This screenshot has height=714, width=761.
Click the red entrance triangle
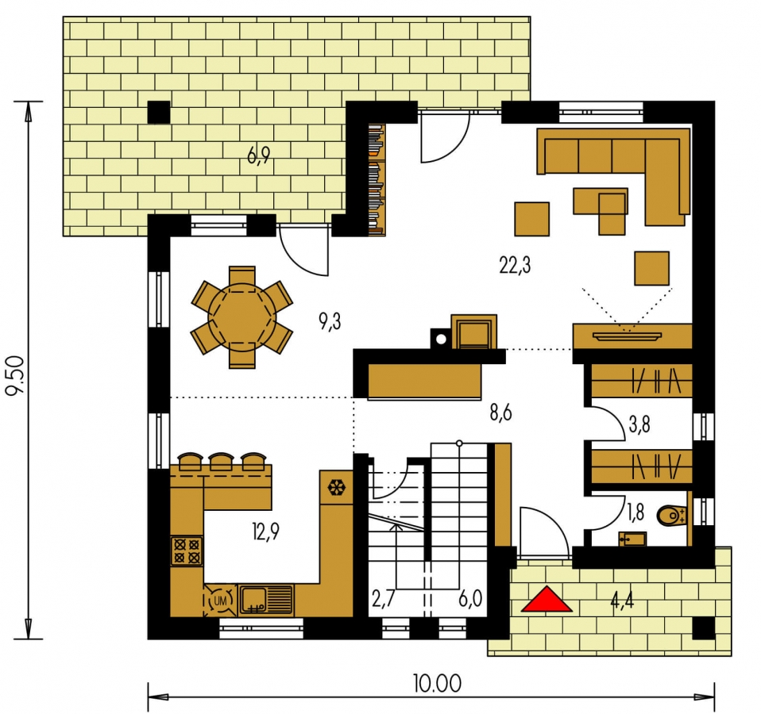click(x=547, y=600)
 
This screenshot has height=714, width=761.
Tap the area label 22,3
click(x=515, y=266)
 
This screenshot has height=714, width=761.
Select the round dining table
click(x=241, y=317)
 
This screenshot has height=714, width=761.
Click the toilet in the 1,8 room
click(x=671, y=516)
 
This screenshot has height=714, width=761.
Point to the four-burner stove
click(x=187, y=551)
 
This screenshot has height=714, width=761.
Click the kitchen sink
click(x=266, y=600)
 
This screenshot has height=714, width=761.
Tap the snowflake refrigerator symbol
click(x=336, y=488)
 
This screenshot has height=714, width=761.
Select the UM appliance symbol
click(x=220, y=601)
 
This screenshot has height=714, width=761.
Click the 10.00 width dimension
click(x=437, y=684)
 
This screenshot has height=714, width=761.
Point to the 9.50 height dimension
click(x=15, y=376)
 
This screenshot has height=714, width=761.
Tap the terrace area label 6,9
click(x=258, y=156)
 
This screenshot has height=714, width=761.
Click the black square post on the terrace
click(x=159, y=113)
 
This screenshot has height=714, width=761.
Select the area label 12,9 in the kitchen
click(x=265, y=532)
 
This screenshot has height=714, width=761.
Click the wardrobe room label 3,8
click(x=639, y=424)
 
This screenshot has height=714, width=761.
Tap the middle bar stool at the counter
click(x=222, y=462)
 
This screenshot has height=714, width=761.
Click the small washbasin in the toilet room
click(x=632, y=539)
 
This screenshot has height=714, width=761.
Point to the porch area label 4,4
click(x=622, y=602)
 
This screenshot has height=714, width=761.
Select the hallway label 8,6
click(x=501, y=413)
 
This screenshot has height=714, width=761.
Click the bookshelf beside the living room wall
click(x=377, y=180)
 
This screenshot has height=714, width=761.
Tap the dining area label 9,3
click(x=330, y=321)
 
